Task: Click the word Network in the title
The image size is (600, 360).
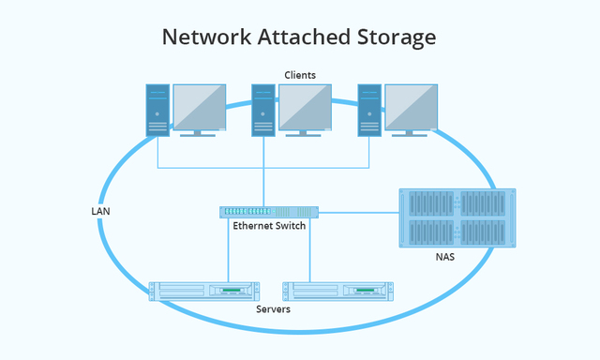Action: [x=200, y=37]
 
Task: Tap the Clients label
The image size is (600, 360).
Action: [x=300, y=74]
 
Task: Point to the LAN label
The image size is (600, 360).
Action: [x=100, y=212]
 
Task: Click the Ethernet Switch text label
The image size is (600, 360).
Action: [x=269, y=226]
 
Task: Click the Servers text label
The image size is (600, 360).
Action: [x=273, y=308]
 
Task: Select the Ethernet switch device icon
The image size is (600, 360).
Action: [x=269, y=212]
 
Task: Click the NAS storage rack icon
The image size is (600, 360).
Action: [x=457, y=217]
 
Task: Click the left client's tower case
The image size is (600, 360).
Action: [x=157, y=111]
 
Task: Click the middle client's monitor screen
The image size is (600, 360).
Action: [x=305, y=106]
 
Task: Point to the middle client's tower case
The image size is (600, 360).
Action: [x=262, y=111]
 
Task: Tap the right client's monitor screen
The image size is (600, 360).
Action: [x=411, y=106]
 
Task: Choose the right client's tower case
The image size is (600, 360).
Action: [x=368, y=111]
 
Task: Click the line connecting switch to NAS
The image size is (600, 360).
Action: [x=359, y=212]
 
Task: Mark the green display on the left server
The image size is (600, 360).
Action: [x=231, y=291]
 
